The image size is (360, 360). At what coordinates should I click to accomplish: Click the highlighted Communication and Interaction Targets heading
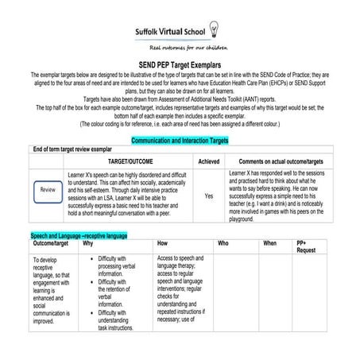tap(179, 138)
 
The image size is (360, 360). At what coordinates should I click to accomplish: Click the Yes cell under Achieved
tap(209, 195)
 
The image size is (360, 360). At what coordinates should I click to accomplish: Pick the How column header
tap(162, 244)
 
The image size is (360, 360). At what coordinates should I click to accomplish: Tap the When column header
tap(270, 244)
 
